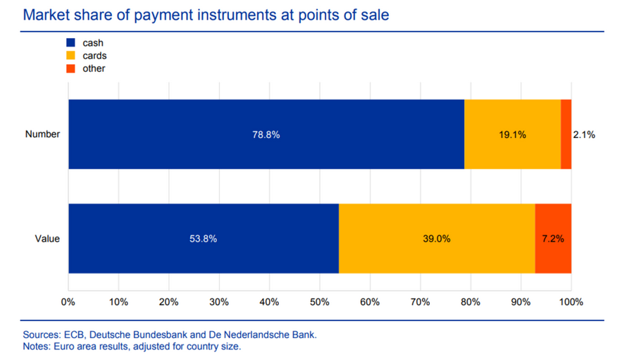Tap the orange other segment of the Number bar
(566, 134)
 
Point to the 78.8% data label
(266, 135)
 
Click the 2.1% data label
(584, 135)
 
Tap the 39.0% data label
(437, 239)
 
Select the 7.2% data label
(552, 239)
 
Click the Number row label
(42, 135)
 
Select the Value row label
(47, 239)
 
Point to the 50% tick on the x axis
(319, 302)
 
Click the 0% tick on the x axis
(68, 302)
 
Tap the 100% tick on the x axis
(571, 302)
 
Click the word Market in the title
(47, 14)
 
